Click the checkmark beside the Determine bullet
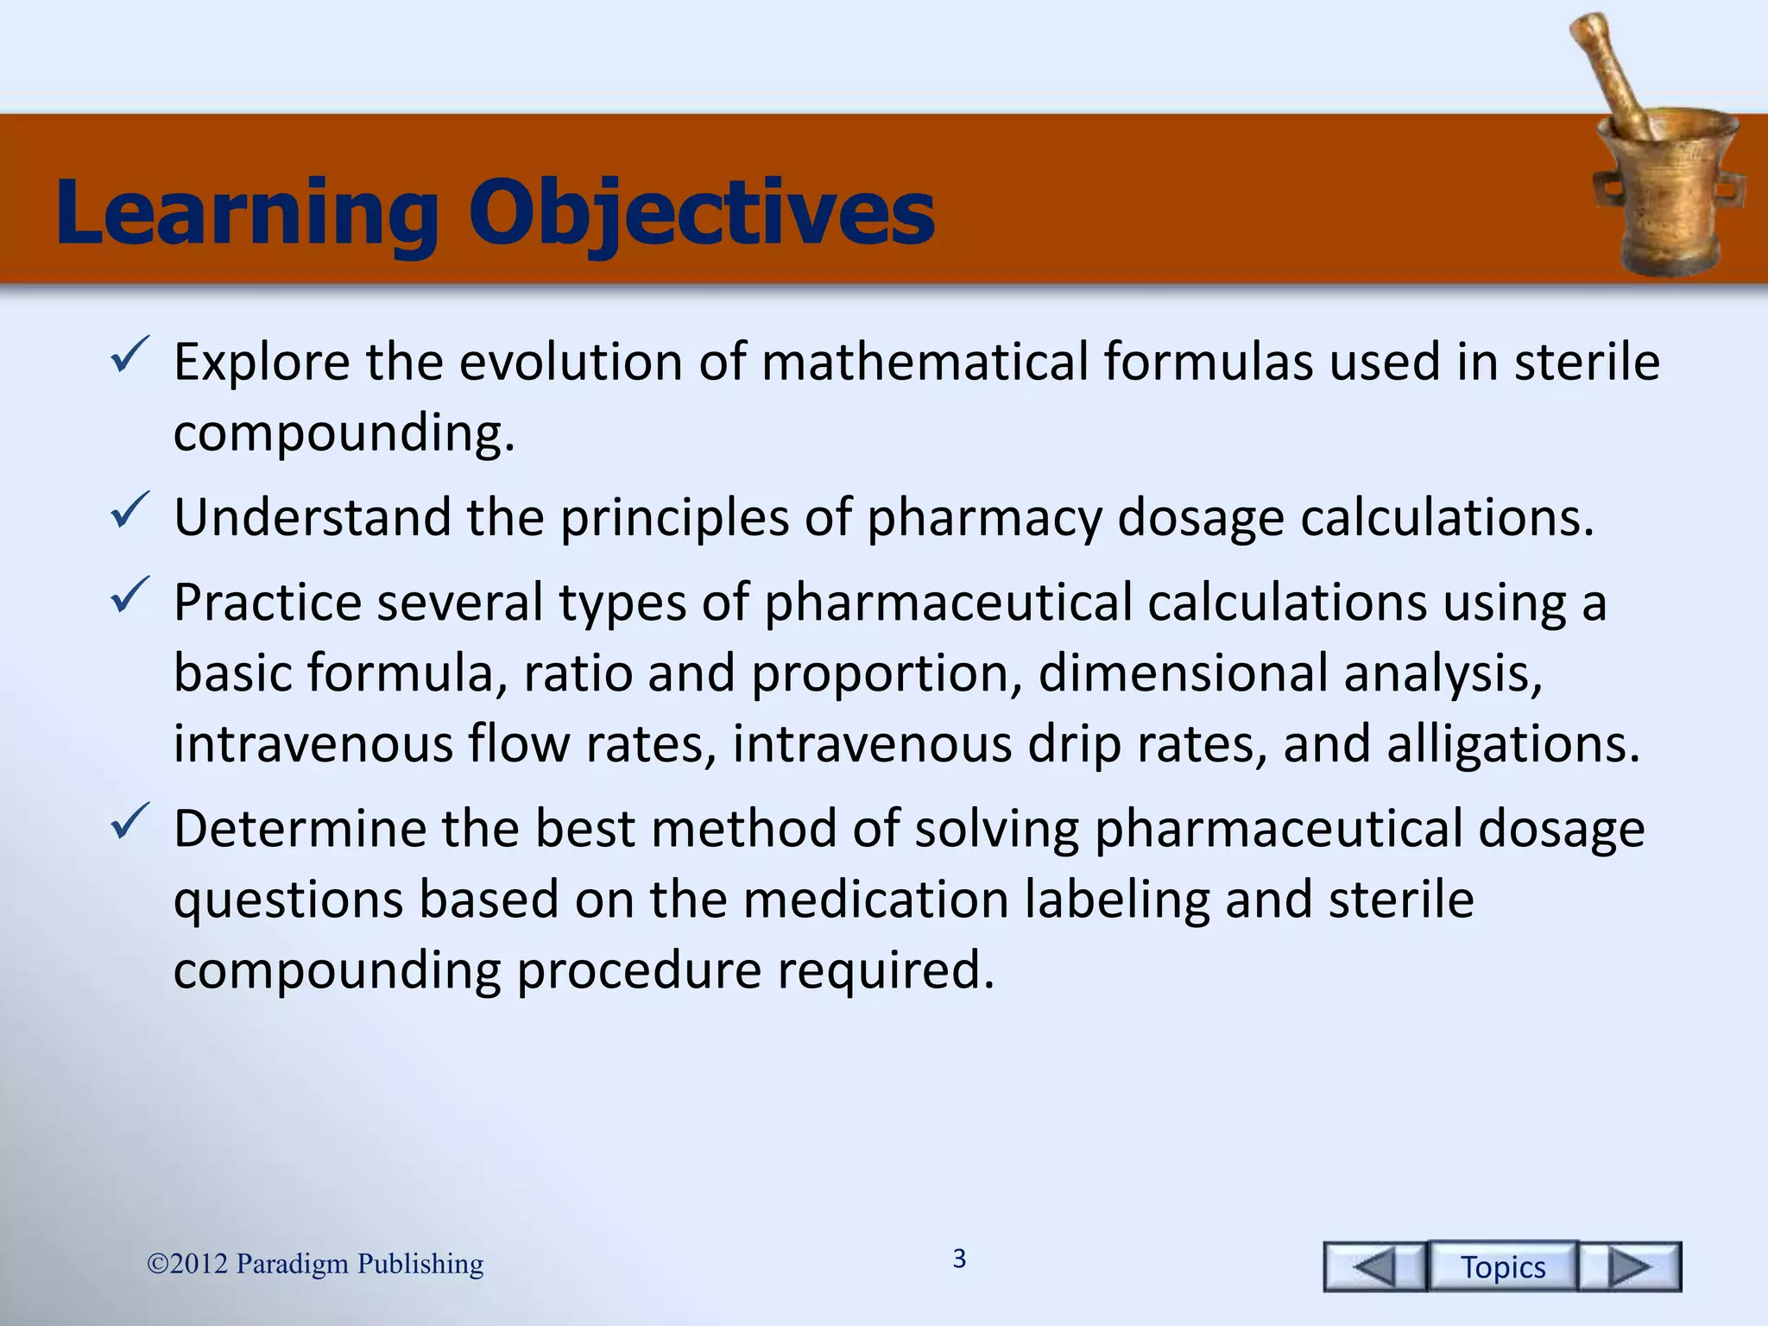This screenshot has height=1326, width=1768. tap(131, 822)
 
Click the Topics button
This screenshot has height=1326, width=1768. tap(1503, 1266)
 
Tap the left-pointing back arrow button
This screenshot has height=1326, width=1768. tap(1374, 1266)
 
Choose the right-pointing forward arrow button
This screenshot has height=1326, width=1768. tap(1630, 1266)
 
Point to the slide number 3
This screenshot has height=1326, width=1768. tap(959, 1259)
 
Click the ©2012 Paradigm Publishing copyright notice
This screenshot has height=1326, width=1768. tap(315, 1264)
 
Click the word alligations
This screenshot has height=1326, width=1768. tap(1512, 743)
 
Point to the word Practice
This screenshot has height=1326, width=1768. tap(268, 602)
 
